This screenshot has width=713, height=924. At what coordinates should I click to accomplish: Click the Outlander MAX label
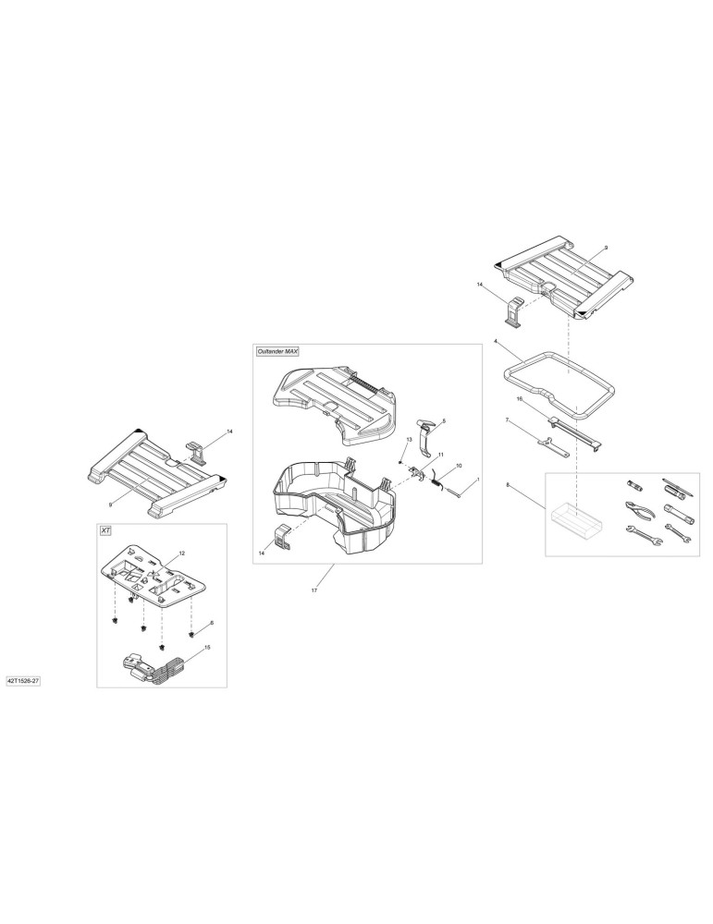(x=277, y=351)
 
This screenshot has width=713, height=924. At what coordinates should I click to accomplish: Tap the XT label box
(x=105, y=531)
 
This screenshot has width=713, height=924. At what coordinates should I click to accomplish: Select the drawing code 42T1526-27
(x=23, y=681)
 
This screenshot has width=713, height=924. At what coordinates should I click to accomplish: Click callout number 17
(x=314, y=590)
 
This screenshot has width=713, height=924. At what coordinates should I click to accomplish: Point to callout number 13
(x=409, y=440)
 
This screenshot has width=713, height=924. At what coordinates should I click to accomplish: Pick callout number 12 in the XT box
(x=181, y=553)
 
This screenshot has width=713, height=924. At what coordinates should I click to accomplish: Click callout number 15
(x=206, y=647)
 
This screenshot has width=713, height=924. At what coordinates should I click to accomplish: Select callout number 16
(x=520, y=399)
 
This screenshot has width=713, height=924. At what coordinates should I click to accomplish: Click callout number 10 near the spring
(x=459, y=466)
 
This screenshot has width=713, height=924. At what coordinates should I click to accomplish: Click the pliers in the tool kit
(x=639, y=507)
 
